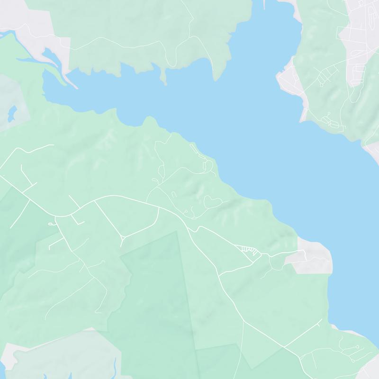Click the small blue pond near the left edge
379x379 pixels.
point(12,113)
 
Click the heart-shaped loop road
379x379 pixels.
point(213,201)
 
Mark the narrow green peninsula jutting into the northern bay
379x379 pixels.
point(164,76)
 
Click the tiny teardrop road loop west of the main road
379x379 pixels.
point(50,223)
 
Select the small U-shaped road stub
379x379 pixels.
point(173,194)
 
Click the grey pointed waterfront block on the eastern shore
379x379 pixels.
point(287,81)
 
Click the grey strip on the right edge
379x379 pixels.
point(372,152)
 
